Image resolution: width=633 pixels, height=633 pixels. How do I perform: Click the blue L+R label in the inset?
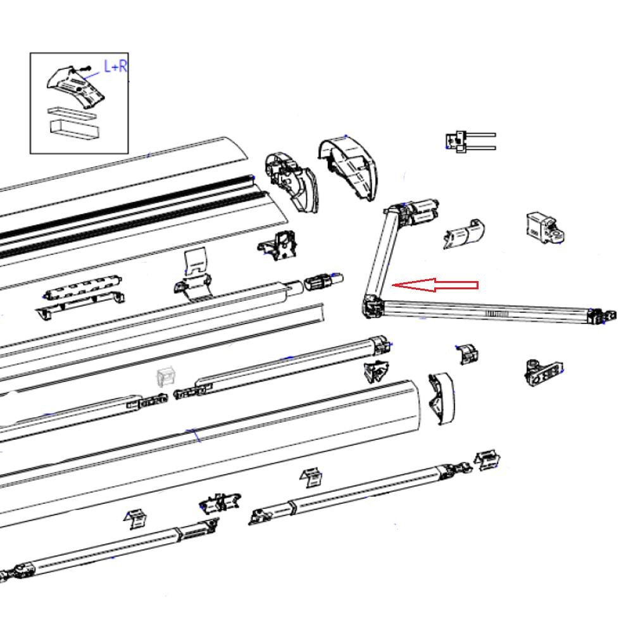[115, 66]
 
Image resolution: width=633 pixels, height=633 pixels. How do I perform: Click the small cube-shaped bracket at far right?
[544, 227]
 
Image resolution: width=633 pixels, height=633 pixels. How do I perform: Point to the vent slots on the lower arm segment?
[497, 313]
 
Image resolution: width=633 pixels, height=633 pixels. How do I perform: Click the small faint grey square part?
[165, 378]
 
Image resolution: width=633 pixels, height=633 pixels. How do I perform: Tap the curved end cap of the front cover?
[441, 398]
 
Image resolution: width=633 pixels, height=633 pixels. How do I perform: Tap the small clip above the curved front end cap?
[468, 354]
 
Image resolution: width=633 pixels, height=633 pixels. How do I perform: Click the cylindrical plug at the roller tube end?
[324, 280]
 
